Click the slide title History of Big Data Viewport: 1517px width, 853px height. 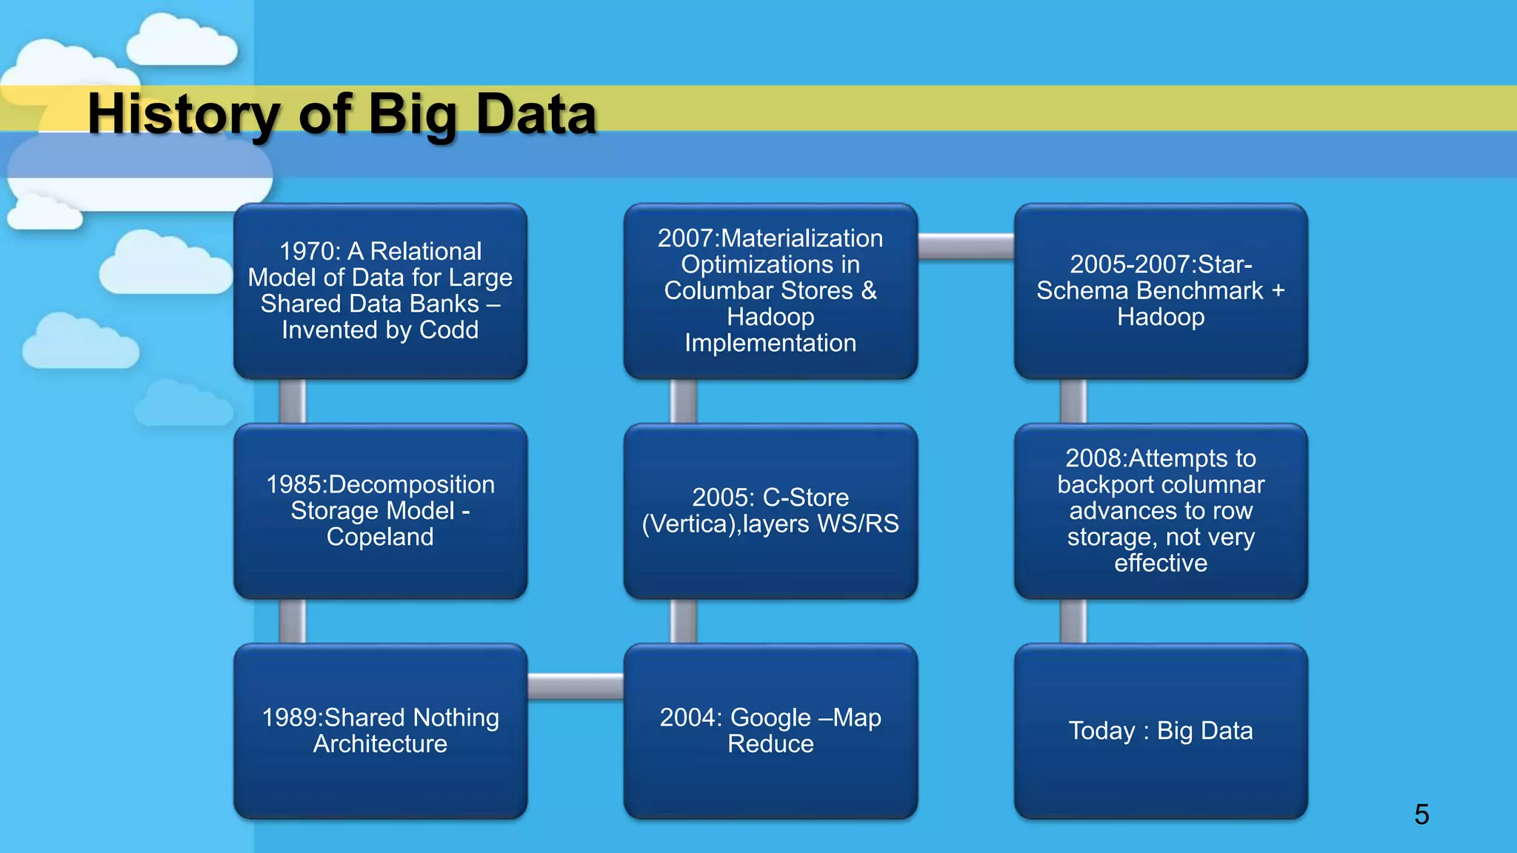tap(341, 115)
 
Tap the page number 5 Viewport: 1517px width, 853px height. tap(1421, 814)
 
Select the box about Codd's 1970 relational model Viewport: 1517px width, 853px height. tap(380, 291)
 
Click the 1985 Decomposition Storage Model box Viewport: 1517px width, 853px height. tap(380, 511)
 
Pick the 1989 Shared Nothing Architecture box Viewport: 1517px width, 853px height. tap(380, 731)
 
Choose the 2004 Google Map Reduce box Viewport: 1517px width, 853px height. tap(770, 731)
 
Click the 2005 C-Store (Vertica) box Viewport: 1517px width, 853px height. tap(770, 511)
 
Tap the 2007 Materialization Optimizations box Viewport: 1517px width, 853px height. tap(770, 291)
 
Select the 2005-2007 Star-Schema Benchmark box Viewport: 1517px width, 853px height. tap(1161, 291)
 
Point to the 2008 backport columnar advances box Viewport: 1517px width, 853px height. tap(1161, 511)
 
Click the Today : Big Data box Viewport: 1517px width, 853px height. tap(1161, 731)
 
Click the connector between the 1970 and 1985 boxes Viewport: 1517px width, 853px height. tap(293, 401)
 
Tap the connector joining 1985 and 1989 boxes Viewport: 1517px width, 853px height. tap(293, 621)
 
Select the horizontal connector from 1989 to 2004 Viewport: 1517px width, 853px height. tap(576, 686)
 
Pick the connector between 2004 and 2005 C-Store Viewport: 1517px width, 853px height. tap(683, 621)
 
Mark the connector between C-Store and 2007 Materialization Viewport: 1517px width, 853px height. tap(683, 401)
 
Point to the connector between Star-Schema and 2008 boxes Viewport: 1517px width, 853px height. tap(1073, 401)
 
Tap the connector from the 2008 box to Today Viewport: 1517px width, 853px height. tap(1073, 621)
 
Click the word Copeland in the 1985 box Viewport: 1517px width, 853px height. tap(380, 537)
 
